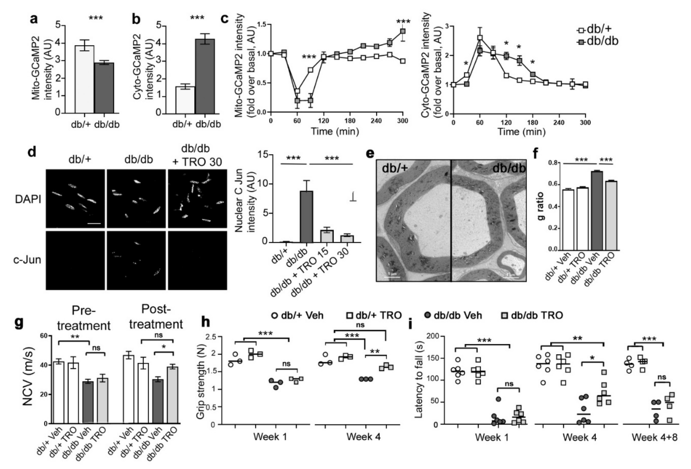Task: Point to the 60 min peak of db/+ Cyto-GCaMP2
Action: tap(480, 38)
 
